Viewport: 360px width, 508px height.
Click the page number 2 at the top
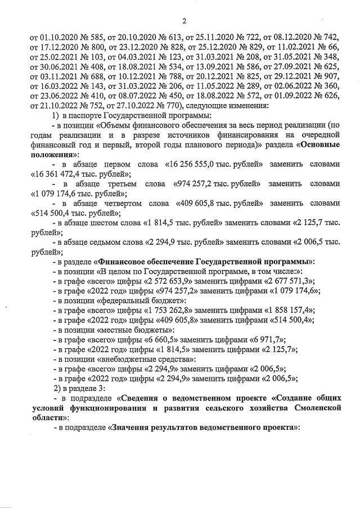pyautogui.click(x=184, y=21)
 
